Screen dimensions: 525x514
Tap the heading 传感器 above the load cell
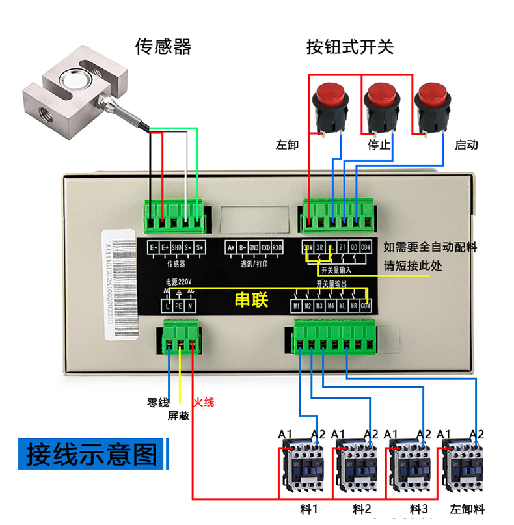click(163, 47)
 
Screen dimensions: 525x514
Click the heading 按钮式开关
click(350, 47)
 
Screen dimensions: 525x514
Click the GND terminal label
click(254, 248)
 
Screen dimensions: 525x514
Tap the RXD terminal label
click(277, 248)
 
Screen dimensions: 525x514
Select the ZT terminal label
click(342, 248)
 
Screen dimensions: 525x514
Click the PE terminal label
click(178, 305)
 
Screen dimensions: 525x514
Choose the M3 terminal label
click(319, 306)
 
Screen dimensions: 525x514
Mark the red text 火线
click(204, 403)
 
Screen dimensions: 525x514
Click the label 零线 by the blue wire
click(158, 403)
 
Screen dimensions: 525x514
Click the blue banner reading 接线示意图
click(92, 454)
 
